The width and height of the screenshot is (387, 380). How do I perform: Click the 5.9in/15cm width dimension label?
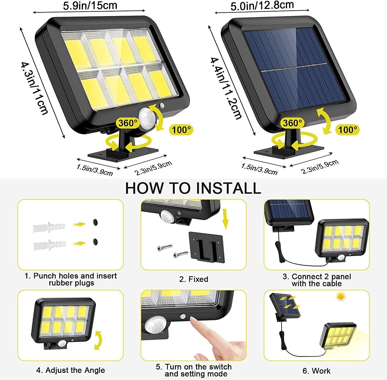point(90,6)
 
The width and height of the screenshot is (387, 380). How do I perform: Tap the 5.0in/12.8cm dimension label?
point(262,6)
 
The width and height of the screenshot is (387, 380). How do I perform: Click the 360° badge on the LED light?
point(127,123)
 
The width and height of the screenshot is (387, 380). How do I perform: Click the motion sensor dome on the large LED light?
point(146,117)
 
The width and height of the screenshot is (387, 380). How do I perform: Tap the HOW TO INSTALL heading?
point(193,188)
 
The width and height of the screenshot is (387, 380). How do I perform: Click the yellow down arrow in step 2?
point(225,219)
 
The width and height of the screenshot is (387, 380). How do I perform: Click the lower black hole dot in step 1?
point(96,242)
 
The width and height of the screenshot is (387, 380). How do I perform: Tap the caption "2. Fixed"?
point(193,279)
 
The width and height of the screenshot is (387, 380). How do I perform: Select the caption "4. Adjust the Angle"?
point(70,370)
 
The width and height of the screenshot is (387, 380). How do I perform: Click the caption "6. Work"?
point(316,371)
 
